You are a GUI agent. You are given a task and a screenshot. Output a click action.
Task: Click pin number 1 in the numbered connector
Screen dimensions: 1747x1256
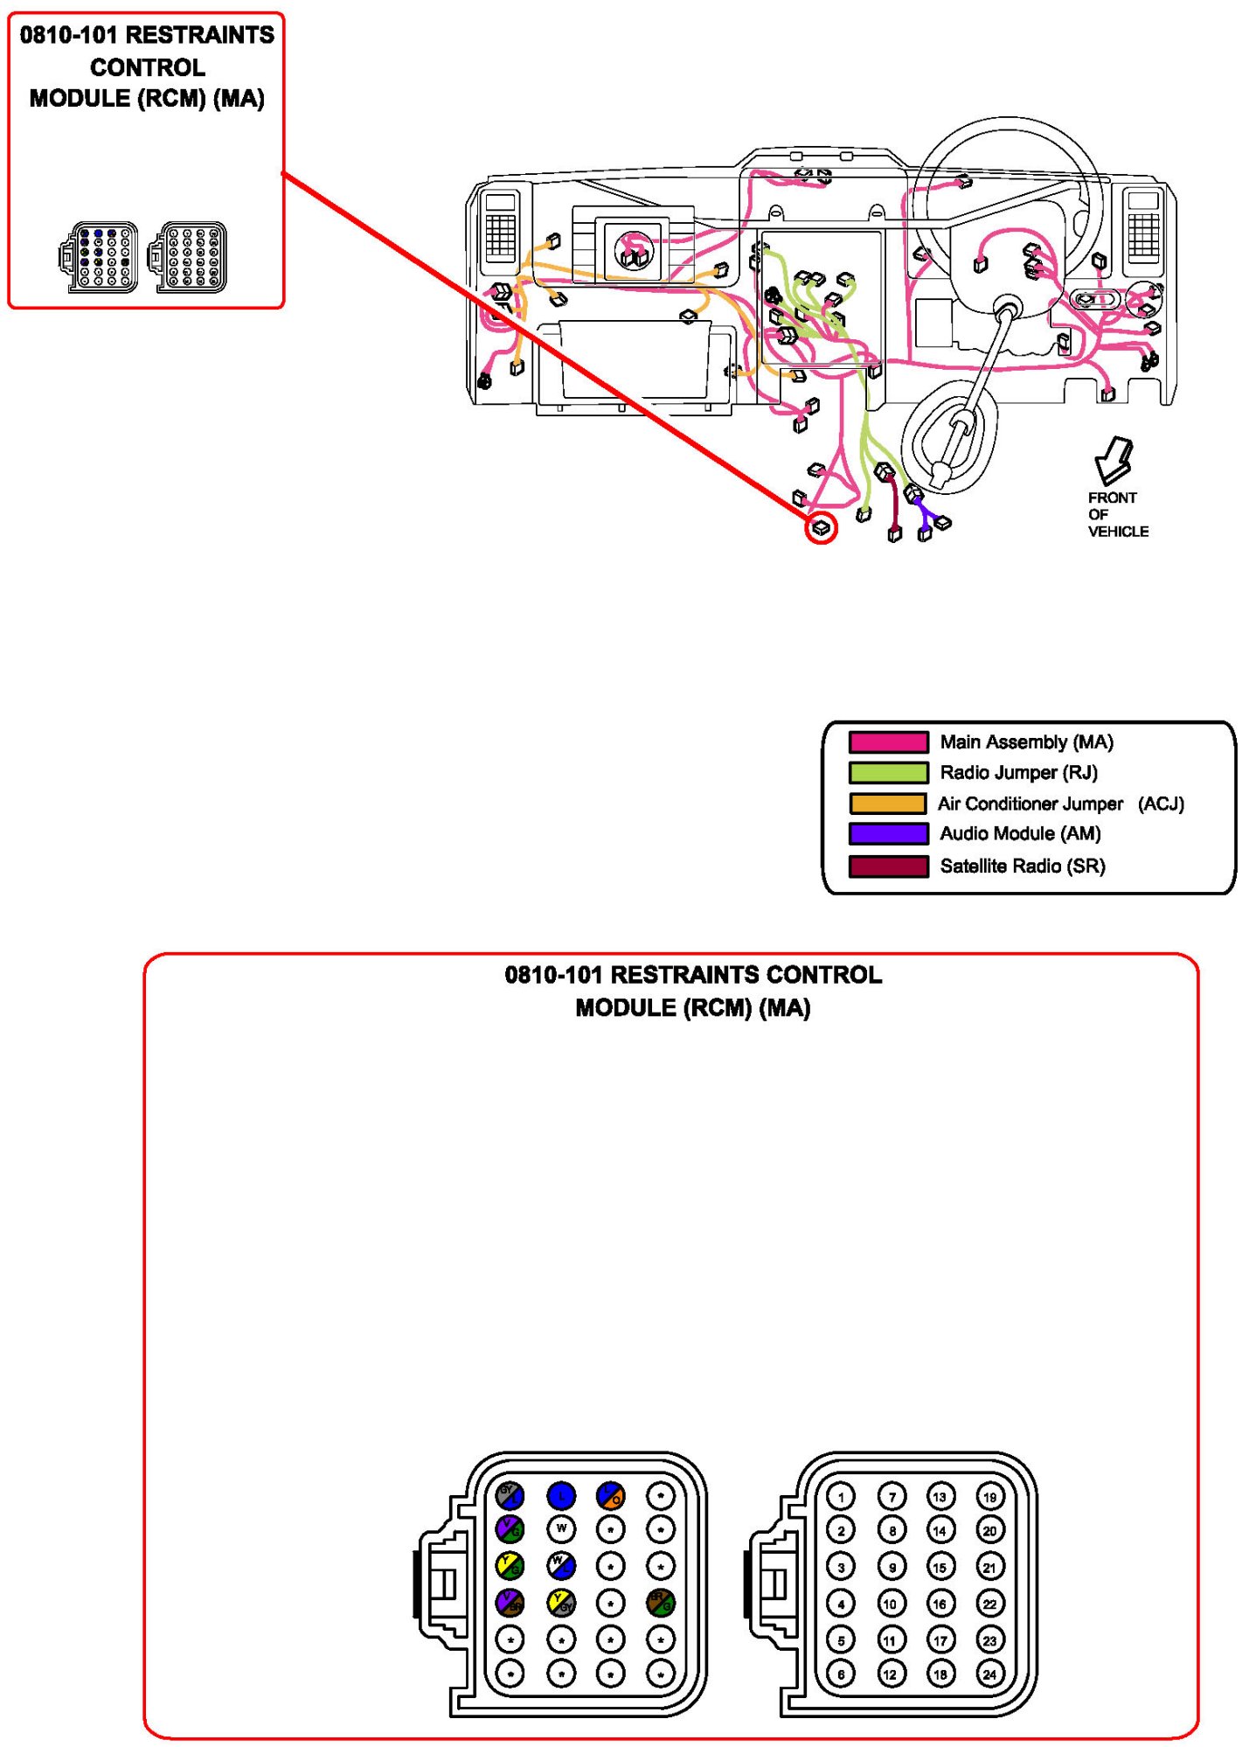click(x=841, y=1496)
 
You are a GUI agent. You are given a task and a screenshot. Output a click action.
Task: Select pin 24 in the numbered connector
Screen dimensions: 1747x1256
click(x=989, y=1674)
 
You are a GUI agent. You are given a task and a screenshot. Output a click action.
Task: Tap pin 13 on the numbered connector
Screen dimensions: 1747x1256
click(x=940, y=1496)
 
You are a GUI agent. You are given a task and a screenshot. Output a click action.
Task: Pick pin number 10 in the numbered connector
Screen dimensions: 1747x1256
click(x=891, y=1604)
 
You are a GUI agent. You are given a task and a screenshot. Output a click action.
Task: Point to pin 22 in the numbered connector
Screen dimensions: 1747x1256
click(x=989, y=1604)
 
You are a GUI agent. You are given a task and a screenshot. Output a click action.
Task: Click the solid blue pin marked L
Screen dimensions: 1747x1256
click(x=561, y=1496)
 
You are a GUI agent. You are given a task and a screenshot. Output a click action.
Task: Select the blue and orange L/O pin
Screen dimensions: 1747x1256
click(x=611, y=1496)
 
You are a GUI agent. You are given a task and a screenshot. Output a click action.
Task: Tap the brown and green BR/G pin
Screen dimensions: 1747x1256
click(x=661, y=1602)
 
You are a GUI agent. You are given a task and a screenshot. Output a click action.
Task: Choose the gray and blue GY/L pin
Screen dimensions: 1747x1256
click(x=510, y=1496)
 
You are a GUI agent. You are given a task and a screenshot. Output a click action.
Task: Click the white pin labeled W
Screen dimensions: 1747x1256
click(x=561, y=1529)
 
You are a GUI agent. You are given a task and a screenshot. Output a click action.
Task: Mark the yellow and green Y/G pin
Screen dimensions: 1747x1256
click(x=510, y=1565)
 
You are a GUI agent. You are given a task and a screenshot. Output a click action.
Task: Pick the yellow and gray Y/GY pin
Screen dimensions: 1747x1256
click(x=561, y=1602)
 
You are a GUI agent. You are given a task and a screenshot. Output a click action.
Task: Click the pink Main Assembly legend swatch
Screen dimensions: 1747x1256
click(x=888, y=742)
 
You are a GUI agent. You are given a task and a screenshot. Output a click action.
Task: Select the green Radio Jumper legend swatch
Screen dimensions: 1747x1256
click(x=888, y=773)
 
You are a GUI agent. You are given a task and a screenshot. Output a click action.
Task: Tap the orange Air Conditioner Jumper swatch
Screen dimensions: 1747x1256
click(x=888, y=804)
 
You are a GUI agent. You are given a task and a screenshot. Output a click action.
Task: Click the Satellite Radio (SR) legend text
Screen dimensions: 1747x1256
click(x=1022, y=866)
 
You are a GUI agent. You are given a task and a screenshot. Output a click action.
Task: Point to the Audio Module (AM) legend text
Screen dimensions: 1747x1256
click(x=1020, y=833)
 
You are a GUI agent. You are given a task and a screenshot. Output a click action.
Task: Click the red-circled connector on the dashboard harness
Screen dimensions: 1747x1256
click(x=821, y=528)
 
